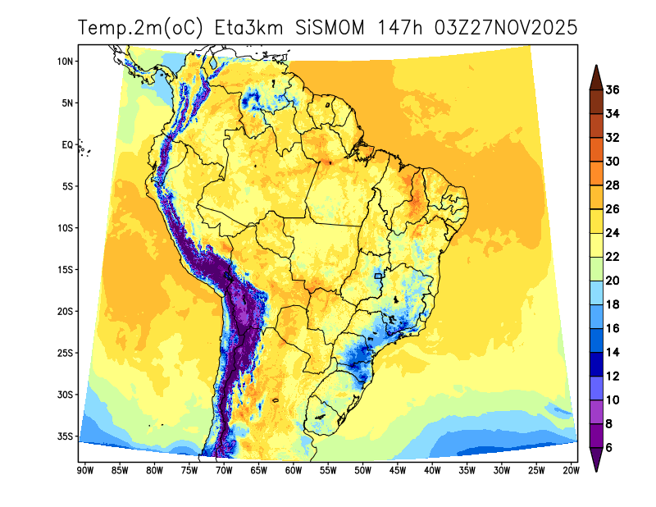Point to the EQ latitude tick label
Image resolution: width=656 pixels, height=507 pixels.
pyautogui.click(x=67, y=145)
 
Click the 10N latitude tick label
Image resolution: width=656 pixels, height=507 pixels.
pyautogui.click(x=66, y=62)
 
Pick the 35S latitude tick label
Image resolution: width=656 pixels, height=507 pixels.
pyautogui.click(x=66, y=436)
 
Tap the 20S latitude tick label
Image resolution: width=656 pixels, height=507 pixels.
pyautogui.click(x=66, y=312)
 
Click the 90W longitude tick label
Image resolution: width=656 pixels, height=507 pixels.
pyautogui.click(x=84, y=470)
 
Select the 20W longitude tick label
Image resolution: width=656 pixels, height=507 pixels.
pyautogui.click(x=572, y=470)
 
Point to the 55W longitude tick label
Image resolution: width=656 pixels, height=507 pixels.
pyautogui.click(x=328, y=470)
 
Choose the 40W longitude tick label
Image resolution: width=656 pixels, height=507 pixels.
pyautogui.click(x=432, y=470)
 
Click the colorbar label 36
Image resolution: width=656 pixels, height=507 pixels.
pyautogui.click(x=612, y=89)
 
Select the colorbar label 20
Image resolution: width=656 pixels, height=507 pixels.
pyautogui.click(x=612, y=281)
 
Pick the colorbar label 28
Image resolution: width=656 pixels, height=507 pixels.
pyautogui.click(x=612, y=185)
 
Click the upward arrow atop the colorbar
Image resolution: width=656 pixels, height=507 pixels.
pyautogui.click(x=596, y=77)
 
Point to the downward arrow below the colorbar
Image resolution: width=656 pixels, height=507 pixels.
pyautogui.click(x=596, y=459)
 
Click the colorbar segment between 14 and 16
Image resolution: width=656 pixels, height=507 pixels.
pyautogui.click(x=596, y=340)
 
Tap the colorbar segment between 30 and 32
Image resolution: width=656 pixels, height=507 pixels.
pyautogui.click(x=596, y=149)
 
